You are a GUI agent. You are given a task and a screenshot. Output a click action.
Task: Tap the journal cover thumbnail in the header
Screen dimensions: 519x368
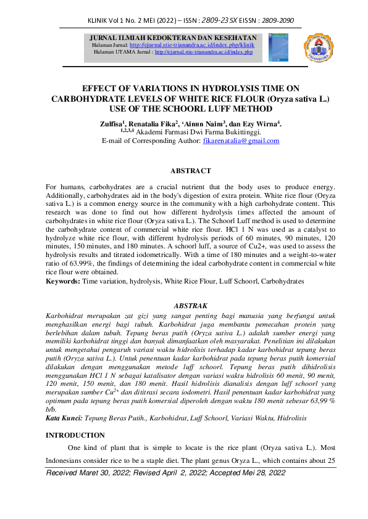[278, 47]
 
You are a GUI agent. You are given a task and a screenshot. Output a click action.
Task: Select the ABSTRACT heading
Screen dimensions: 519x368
[183, 171]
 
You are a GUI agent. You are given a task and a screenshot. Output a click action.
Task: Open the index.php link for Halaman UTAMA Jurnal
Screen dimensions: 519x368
[204, 52]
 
